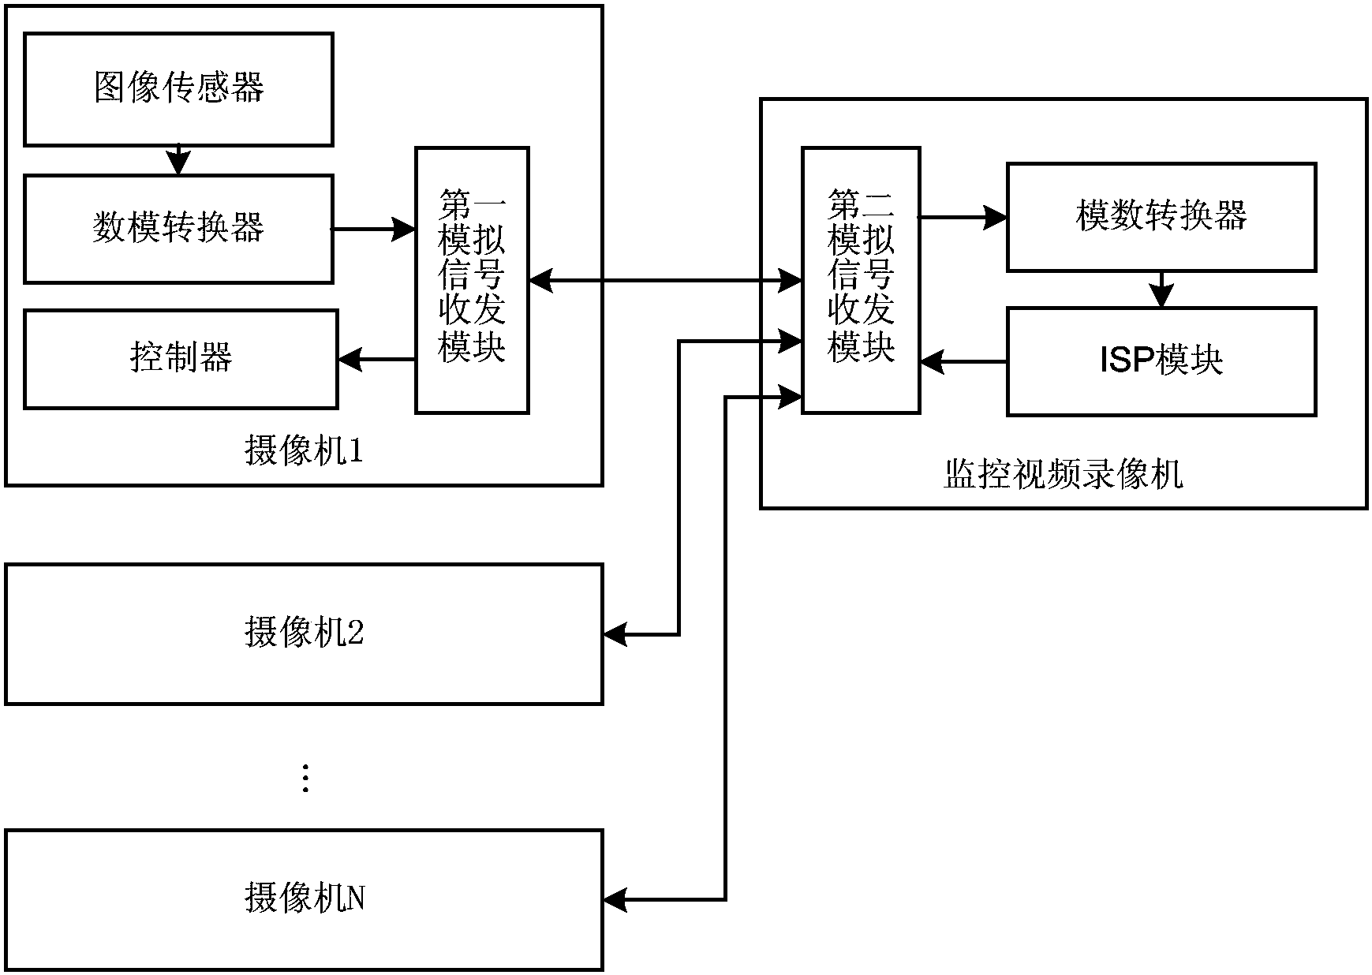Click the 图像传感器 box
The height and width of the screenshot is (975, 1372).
178,89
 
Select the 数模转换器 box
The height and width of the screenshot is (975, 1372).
178,229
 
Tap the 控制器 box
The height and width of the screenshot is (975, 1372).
181,359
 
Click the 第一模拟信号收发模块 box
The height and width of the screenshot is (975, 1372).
472,279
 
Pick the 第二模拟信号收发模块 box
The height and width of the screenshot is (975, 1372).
860,279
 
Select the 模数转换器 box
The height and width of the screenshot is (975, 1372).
1161,217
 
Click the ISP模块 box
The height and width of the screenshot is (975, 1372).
1161,361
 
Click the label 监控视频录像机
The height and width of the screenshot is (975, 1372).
1063,475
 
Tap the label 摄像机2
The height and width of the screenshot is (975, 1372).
304,633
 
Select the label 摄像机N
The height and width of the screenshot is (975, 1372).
304,899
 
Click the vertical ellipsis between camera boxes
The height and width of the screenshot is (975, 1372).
305,778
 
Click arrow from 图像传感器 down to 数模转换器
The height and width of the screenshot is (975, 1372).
179,160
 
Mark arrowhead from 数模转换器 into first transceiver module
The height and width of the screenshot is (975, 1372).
405,230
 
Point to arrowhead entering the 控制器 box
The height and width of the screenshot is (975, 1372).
350,360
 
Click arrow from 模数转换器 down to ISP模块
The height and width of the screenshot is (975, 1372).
1161,290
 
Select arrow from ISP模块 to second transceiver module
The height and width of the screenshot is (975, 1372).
963,362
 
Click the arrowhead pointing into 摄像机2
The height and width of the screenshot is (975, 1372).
615,633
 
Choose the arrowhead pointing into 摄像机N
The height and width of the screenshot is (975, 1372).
615,899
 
